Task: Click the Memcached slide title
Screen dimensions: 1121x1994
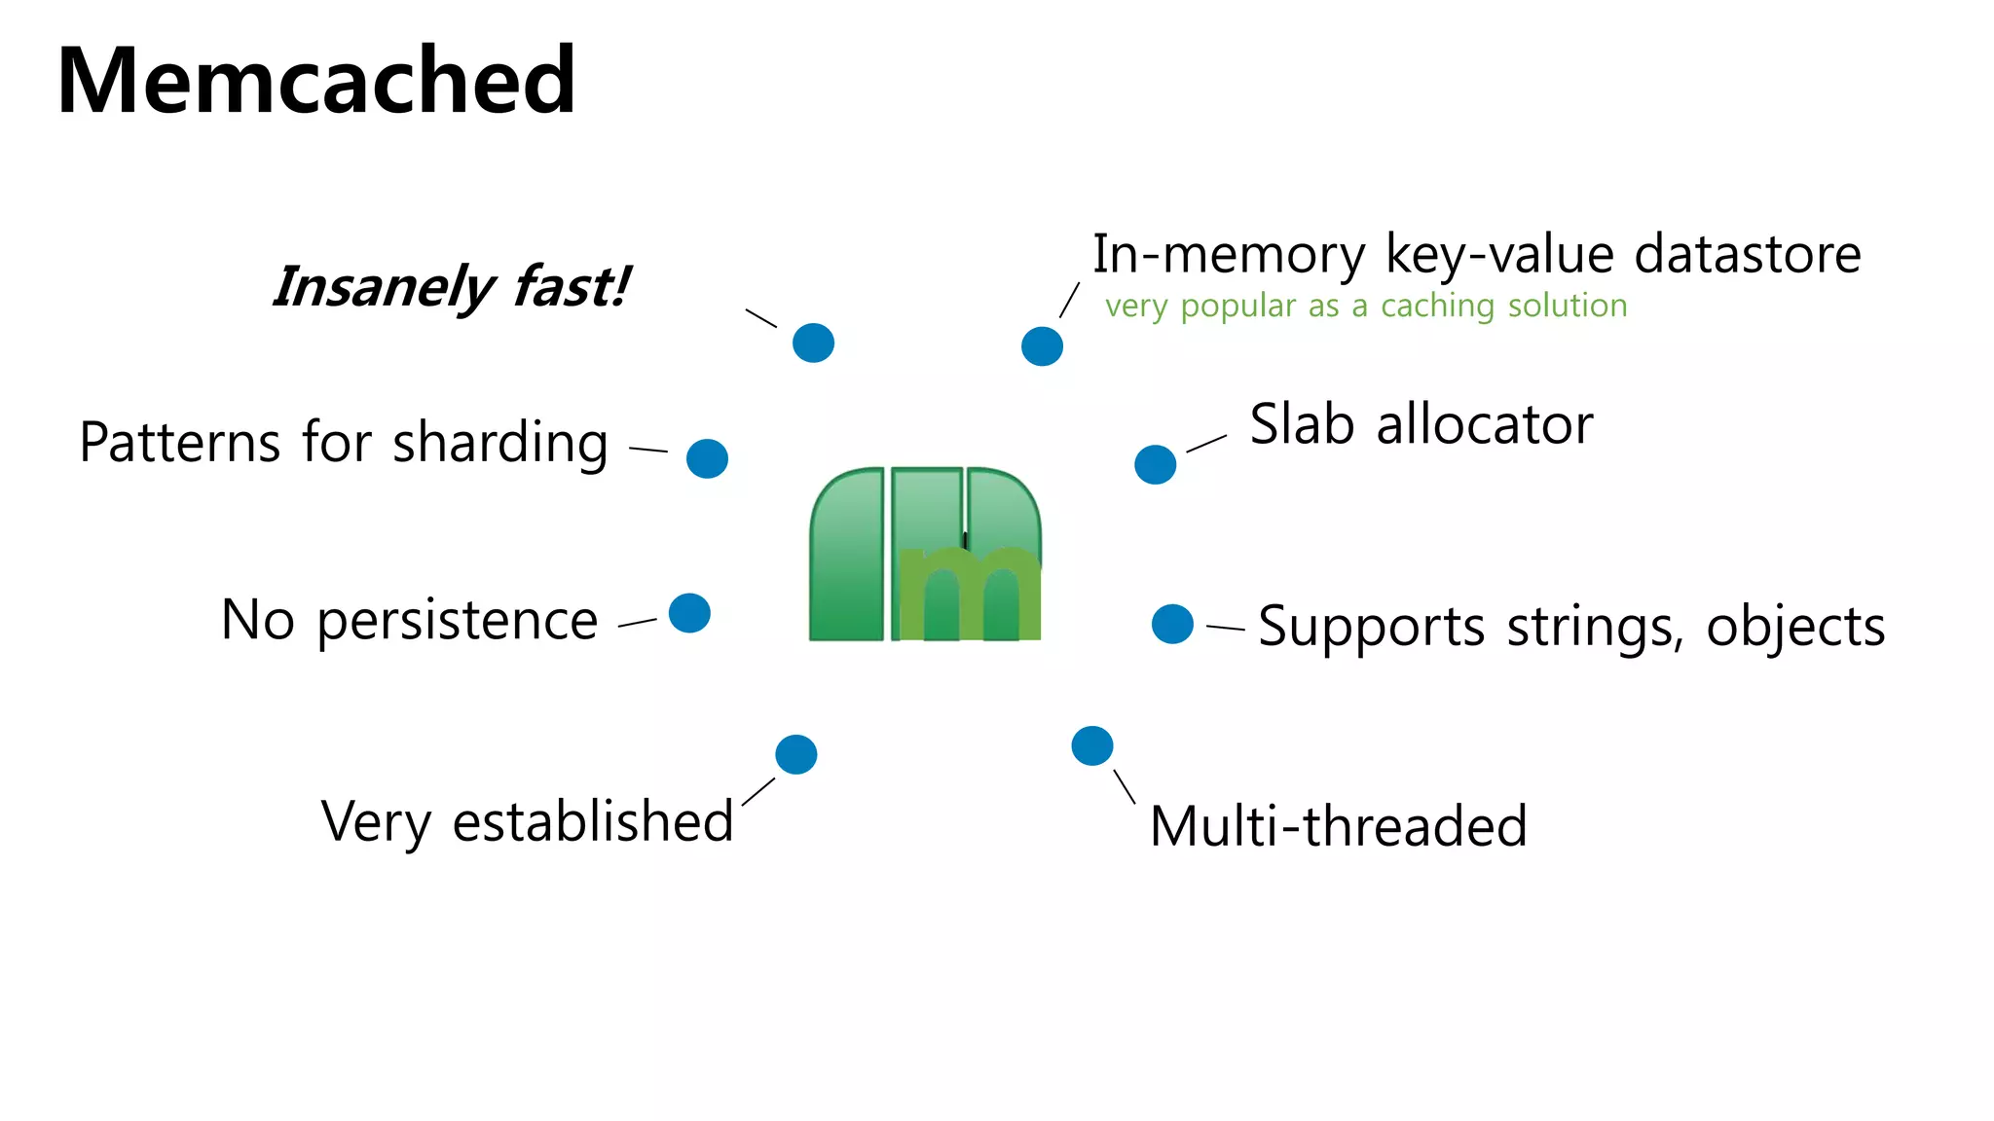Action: point(316,81)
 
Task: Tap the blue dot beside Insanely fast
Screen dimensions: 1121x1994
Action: point(813,343)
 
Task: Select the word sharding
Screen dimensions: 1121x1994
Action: point(500,444)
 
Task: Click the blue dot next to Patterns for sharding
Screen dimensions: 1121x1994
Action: point(707,458)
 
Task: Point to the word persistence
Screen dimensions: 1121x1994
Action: point(457,621)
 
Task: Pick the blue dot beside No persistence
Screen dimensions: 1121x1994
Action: point(689,613)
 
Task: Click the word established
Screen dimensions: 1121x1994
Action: point(593,821)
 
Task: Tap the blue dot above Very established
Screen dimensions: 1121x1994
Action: point(795,754)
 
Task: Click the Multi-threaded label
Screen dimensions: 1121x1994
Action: point(1338,826)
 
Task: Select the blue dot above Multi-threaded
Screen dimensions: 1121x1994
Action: point(1091,745)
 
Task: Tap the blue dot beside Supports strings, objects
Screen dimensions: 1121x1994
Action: point(1172,624)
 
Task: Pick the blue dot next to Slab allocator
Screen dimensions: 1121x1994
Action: point(1155,464)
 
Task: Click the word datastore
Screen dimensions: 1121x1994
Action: point(1747,254)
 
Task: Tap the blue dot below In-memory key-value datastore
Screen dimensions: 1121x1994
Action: point(1042,345)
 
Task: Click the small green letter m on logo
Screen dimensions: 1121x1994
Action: point(970,594)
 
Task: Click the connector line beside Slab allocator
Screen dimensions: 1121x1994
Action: point(1206,444)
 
